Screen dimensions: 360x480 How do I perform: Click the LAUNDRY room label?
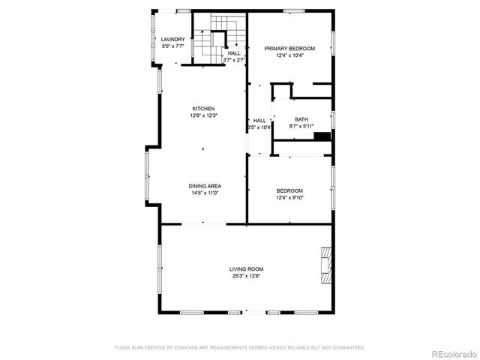pyautogui.click(x=172, y=39)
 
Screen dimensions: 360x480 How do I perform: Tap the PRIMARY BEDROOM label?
pyautogui.click(x=289, y=48)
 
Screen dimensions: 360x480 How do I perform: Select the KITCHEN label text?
pyautogui.click(x=203, y=108)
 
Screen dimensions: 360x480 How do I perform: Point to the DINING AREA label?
pyautogui.click(x=205, y=186)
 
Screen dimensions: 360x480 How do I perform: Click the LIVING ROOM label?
pyautogui.click(x=246, y=268)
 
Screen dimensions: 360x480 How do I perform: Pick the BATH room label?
pyautogui.click(x=301, y=119)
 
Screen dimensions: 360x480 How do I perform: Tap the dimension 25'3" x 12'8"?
pyautogui.click(x=246, y=276)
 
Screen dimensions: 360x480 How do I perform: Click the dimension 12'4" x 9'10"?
pyautogui.click(x=289, y=197)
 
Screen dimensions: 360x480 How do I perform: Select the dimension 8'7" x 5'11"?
pyautogui.click(x=301, y=126)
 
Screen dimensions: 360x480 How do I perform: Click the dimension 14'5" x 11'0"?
pyautogui.click(x=205, y=193)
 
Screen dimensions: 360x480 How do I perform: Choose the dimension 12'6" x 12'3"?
pyautogui.click(x=203, y=115)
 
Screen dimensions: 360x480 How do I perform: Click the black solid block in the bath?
pyautogui.click(x=322, y=136)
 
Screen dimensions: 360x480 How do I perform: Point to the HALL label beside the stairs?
pyautogui.click(x=235, y=53)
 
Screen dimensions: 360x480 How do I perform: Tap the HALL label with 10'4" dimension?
pyautogui.click(x=259, y=120)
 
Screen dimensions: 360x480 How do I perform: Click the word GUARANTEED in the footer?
pyautogui.click(x=348, y=348)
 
